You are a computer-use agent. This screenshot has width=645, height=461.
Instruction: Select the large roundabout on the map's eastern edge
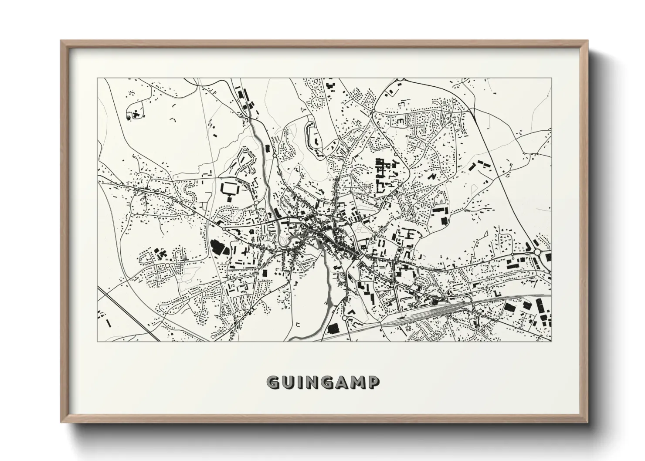pos(537,252)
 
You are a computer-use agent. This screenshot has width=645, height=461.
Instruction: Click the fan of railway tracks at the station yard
pos(440,310)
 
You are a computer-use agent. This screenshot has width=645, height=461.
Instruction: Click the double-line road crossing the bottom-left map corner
pos(126,314)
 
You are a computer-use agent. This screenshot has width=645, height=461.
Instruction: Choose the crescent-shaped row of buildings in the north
pos(312,136)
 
